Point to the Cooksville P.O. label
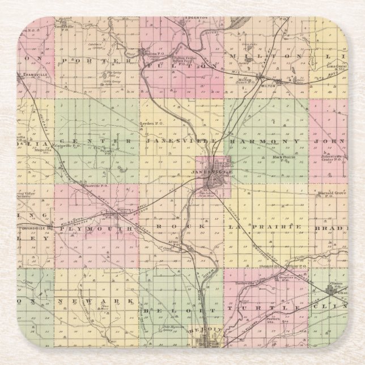click(x=65, y=27)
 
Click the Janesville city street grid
click(x=214, y=180)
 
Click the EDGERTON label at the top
click(x=192, y=18)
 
